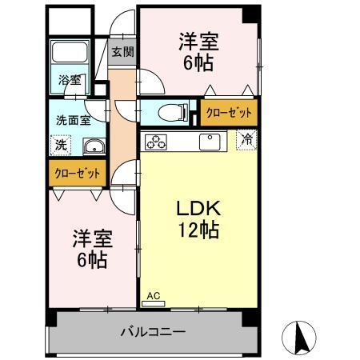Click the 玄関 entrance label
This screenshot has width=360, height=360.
pyautogui.click(x=122, y=52)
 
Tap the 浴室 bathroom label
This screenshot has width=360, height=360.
pyautogui.click(x=70, y=80)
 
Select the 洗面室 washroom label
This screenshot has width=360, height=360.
pyautogui.click(x=72, y=120)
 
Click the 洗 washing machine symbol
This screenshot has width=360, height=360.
pyautogui.click(x=60, y=146)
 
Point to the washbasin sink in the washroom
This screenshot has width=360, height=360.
pyautogui.click(x=94, y=146)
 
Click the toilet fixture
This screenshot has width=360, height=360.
pyautogui.click(x=170, y=111)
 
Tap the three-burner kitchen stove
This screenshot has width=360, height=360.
pyautogui.click(x=155, y=142)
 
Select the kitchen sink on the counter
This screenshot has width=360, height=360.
pyautogui.click(x=210, y=142)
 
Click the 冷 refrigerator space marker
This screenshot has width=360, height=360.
pyautogui.click(x=249, y=138)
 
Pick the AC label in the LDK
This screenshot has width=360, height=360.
pyautogui.click(x=154, y=296)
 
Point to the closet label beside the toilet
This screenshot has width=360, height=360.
pyautogui.click(x=229, y=113)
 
